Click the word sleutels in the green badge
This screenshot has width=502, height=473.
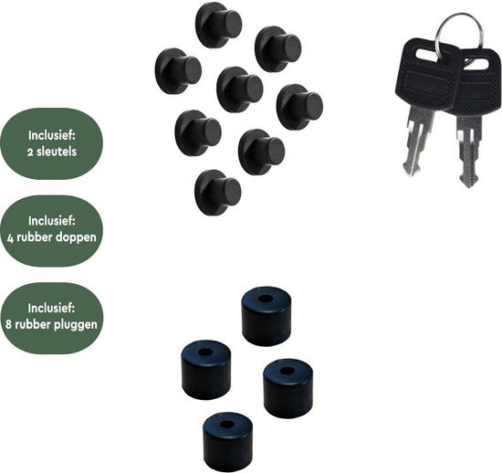[x=57, y=152]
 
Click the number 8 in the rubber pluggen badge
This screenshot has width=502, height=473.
[x=9, y=324]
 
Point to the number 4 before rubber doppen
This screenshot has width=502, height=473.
[x=11, y=238]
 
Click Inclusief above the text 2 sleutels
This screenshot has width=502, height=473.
[x=52, y=135]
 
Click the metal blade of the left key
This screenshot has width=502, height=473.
[x=416, y=141]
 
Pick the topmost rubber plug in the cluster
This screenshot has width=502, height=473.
[x=218, y=25]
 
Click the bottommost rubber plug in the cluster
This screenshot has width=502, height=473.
[x=217, y=193]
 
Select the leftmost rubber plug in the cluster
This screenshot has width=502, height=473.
[x=178, y=71]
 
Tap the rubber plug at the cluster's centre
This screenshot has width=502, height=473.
[x=239, y=89]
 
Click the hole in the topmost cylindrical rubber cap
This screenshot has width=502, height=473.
[x=265, y=300]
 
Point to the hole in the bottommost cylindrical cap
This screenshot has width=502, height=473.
[x=227, y=425]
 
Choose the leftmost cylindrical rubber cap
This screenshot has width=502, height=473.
[x=206, y=370]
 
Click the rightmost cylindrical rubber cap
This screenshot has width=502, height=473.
[x=288, y=388]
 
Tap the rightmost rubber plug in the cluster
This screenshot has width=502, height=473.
[x=299, y=107]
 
